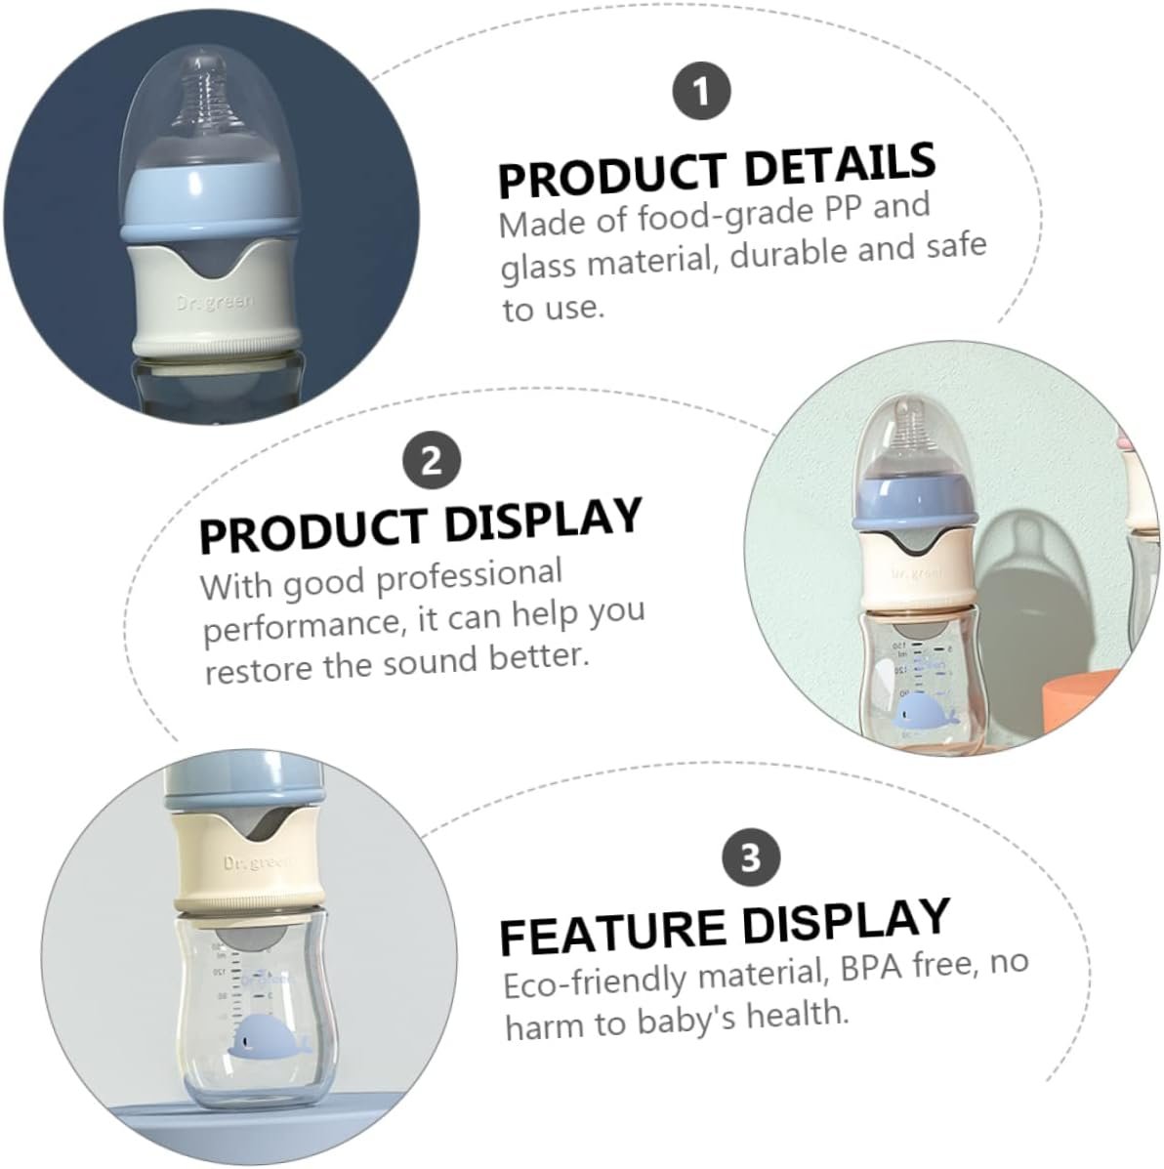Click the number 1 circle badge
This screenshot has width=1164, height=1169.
click(701, 91)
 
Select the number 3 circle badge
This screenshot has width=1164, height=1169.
click(751, 856)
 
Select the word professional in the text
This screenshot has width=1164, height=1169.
click(469, 576)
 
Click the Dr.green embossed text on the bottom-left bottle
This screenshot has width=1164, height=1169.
click(258, 863)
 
